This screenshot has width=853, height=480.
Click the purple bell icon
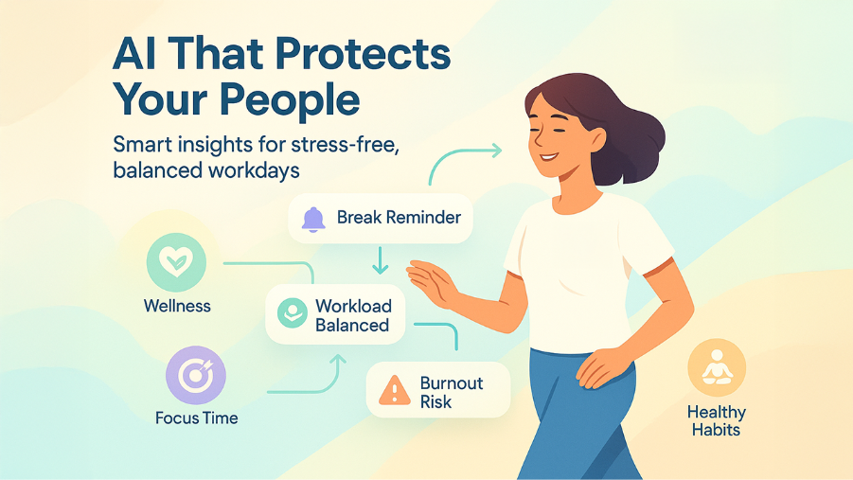313,219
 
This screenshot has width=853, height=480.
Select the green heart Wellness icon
176,262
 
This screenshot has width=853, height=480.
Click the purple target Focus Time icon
196,376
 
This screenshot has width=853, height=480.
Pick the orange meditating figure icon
716,369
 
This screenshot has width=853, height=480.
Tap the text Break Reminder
399,218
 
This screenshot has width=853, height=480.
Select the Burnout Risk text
451,392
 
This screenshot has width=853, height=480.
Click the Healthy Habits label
717,420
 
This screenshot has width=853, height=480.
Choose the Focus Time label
197,418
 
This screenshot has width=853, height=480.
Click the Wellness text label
177,306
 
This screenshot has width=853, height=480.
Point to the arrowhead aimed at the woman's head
493,150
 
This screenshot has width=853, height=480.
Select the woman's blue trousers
578,417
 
